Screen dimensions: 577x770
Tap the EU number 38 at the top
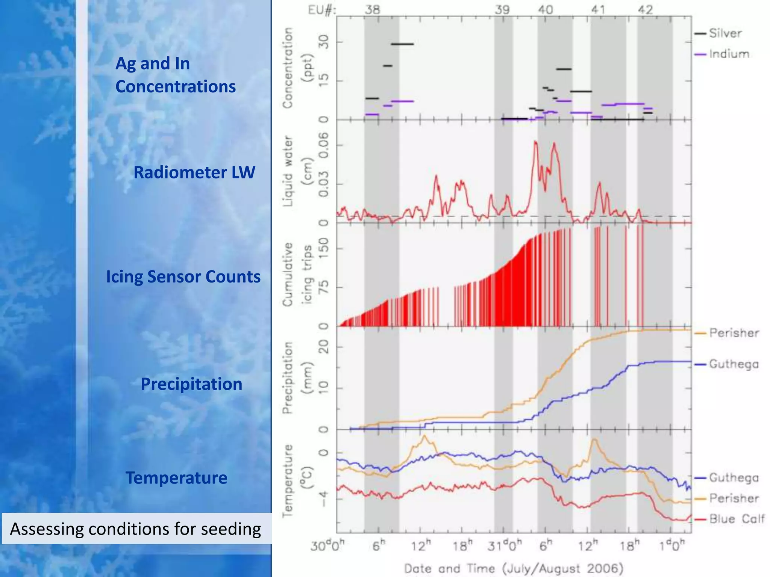pyautogui.click(x=372, y=9)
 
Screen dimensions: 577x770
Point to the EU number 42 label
pyautogui.click(x=645, y=9)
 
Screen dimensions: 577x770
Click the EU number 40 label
pyautogui.click(x=545, y=9)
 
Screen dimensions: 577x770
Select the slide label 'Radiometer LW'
pyautogui.click(x=194, y=172)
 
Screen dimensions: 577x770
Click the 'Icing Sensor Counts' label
pyautogui.click(x=183, y=276)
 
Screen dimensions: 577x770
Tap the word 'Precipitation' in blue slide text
pyautogui.click(x=191, y=384)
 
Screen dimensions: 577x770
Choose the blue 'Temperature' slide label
pyautogui.click(x=176, y=478)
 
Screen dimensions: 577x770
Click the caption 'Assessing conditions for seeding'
pyautogui.click(x=135, y=529)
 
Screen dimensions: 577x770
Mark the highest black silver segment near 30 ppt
pyautogui.click(x=402, y=44)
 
